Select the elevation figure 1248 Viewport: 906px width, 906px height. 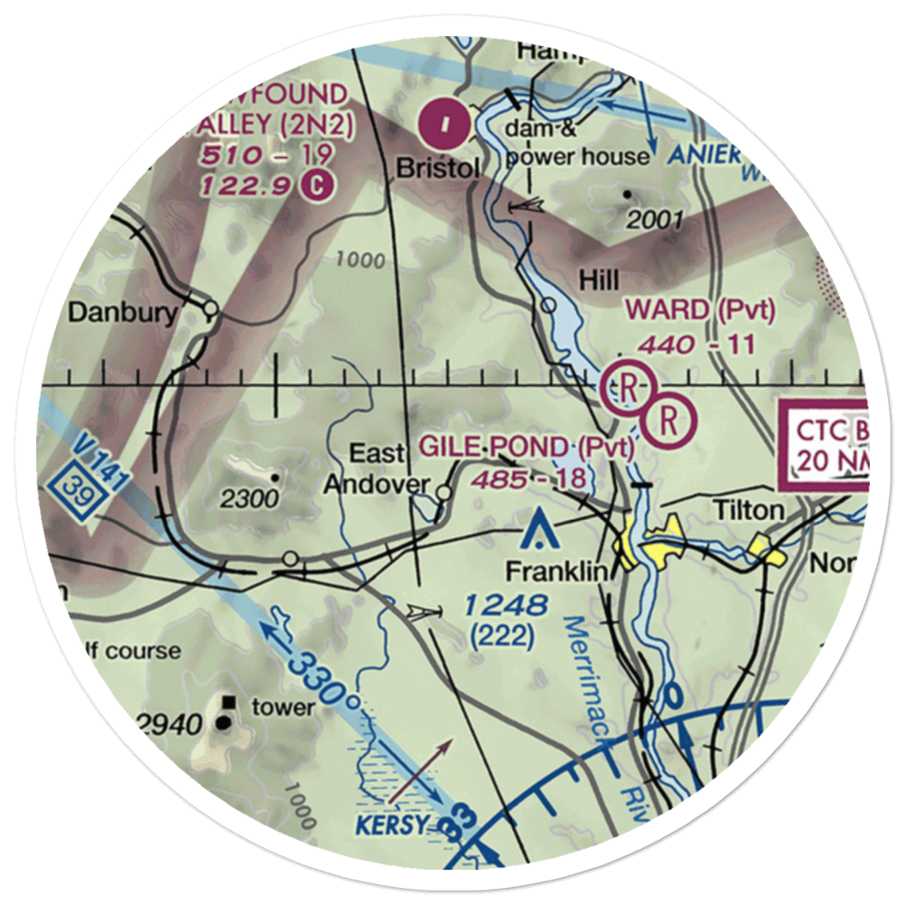click(x=507, y=605)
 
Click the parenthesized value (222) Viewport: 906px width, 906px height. click(x=502, y=637)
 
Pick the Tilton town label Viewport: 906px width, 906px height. click(x=748, y=510)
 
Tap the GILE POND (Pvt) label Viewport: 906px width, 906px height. click(x=525, y=447)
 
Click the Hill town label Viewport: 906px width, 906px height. click(x=599, y=282)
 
